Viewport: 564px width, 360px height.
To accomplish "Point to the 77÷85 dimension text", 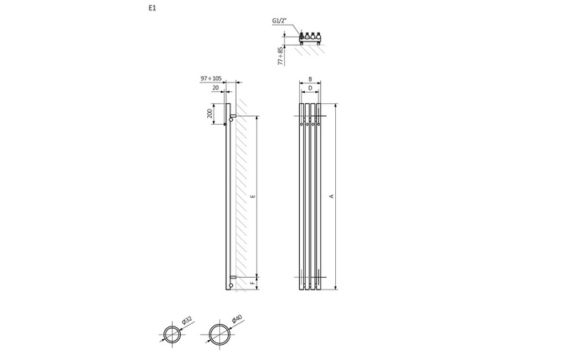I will pyautogui.click(x=281, y=55).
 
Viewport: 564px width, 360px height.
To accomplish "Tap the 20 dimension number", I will pyautogui.click(x=216, y=88).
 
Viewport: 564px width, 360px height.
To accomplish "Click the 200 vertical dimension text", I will pyautogui.click(x=210, y=114).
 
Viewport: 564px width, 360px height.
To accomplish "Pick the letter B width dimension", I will pyautogui.click(x=310, y=79).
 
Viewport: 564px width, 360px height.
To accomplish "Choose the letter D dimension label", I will pyautogui.click(x=310, y=88).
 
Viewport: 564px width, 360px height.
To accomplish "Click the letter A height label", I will pyautogui.click(x=332, y=196).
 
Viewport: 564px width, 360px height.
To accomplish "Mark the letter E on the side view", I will pyautogui.click(x=254, y=196).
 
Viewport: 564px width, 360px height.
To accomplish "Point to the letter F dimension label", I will pyautogui.click(x=254, y=282).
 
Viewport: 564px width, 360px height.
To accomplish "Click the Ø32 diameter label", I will pyautogui.click(x=186, y=321).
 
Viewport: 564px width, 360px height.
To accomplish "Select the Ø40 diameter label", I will pyautogui.click(x=236, y=320).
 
